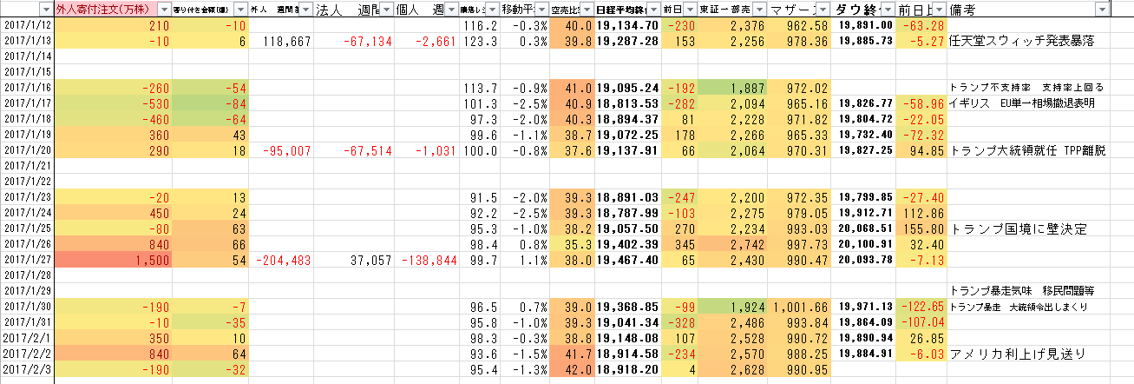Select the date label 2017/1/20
pos(27,150)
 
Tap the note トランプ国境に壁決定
pos(1019,229)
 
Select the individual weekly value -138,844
pos(428,260)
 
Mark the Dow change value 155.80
pos(924,229)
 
